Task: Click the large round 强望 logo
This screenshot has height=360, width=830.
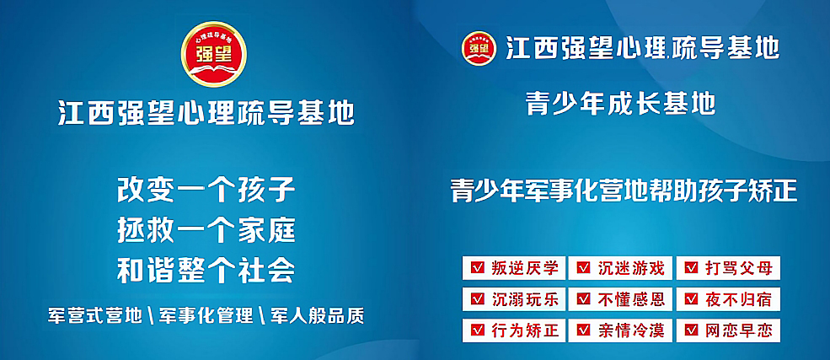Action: [x=214, y=54]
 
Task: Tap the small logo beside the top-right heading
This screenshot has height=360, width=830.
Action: [x=479, y=48]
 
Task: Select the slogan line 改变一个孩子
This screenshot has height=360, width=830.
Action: [x=206, y=191]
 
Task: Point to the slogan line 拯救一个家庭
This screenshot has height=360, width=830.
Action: [x=206, y=231]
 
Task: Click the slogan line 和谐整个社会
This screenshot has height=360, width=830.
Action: [x=206, y=271]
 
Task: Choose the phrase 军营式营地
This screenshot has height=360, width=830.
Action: [x=94, y=315]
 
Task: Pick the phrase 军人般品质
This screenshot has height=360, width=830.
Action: [x=317, y=315]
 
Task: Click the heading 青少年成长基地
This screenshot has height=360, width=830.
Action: [x=621, y=104]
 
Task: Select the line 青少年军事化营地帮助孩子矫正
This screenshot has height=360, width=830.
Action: [x=624, y=191]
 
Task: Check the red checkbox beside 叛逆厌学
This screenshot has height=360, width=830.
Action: [x=477, y=268]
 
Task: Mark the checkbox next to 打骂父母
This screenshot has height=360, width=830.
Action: [x=691, y=268]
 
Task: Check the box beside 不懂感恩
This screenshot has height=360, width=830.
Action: [x=584, y=299]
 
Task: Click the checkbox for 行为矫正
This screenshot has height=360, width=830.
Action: [x=477, y=330]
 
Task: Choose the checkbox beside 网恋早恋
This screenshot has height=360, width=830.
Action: [x=691, y=330]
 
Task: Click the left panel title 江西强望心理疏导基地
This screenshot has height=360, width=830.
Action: [x=206, y=113]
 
